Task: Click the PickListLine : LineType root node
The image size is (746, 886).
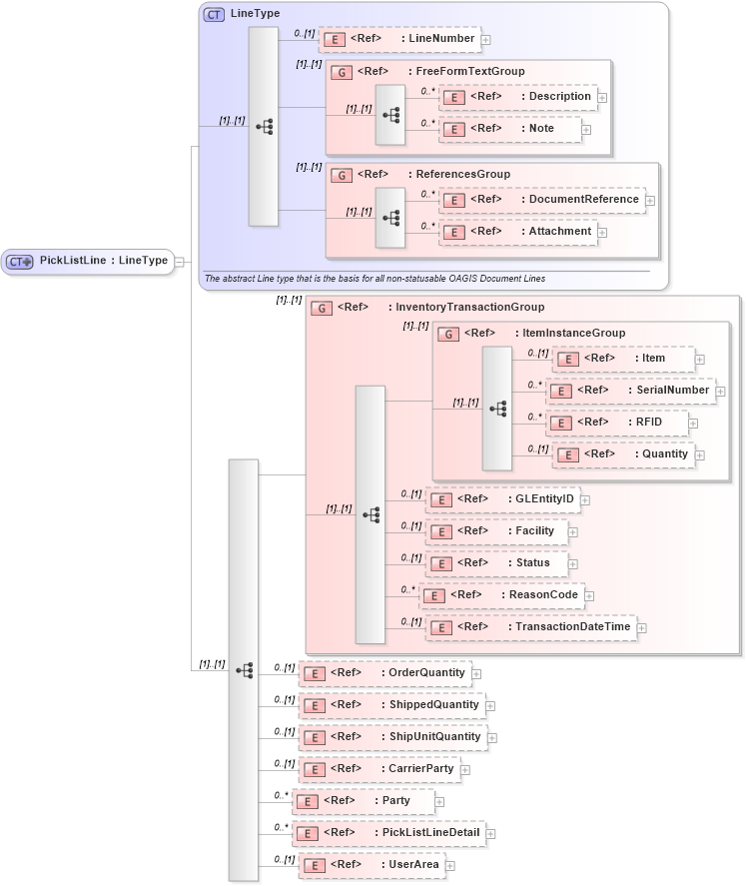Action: tap(88, 261)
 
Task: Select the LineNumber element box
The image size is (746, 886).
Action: tap(399, 39)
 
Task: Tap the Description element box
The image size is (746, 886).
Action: tap(518, 97)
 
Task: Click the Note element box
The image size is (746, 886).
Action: tap(510, 129)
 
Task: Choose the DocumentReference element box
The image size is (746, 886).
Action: tap(542, 200)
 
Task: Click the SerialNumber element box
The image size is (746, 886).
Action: tap(631, 391)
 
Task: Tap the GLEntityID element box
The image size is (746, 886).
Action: tap(502, 499)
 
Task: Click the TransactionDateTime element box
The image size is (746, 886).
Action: tap(530, 627)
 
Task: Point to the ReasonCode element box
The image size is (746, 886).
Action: tap(501, 595)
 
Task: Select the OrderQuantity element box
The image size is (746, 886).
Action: tap(384, 673)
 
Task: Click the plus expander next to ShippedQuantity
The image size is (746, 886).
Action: tap(490, 705)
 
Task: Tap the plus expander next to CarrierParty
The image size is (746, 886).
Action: tap(465, 769)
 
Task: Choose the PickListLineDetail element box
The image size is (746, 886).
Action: tap(391, 833)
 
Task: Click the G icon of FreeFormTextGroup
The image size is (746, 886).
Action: tap(342, 72)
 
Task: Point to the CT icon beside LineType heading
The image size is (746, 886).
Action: tap(214, 14)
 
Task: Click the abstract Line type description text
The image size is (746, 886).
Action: tap(374, 278)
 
